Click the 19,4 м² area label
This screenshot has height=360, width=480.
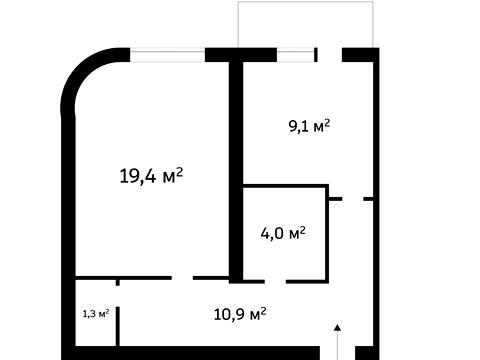[x=151, y=176]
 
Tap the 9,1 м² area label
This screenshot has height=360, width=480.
[x=309, y=126]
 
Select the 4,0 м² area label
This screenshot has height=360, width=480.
[x=283, y=233]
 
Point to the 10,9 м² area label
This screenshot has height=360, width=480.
[x=240, y=314]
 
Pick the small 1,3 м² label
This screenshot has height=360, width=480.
[x=96, y=313]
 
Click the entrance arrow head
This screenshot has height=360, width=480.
[x=338, y=327]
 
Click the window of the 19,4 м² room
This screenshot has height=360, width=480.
[x=167, y=55]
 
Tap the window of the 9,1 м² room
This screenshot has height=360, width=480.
[x=295, y=55]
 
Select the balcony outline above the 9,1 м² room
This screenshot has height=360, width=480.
[x=305, y=2]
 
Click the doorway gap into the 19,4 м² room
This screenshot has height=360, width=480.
[x=182, y=278]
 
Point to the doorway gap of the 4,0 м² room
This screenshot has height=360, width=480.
[x=275, y=282]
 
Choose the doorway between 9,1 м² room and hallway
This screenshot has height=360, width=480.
[x=353, y=199]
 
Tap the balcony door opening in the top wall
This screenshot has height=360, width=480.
[x=330, y=55]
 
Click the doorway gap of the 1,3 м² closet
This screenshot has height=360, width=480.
[x=117, y=296]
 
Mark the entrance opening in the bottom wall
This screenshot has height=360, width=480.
[x=338, y=353]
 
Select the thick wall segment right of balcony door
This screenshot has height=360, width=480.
[x=361, y=55]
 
